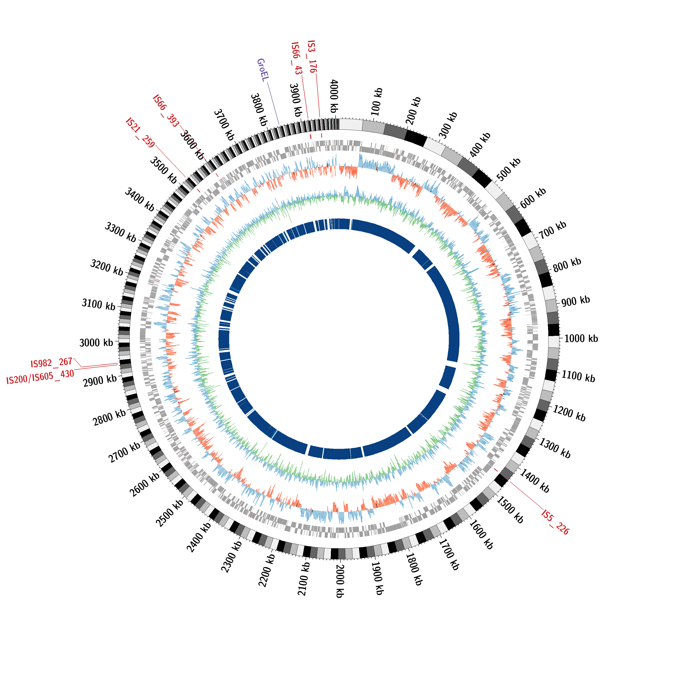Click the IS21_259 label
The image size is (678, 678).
click(x=140, y=133)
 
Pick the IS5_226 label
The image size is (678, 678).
click(x=555, y=522)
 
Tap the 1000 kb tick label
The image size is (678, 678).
click(x=581, y=339)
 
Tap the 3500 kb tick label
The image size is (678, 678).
click(x=164, y=170)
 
